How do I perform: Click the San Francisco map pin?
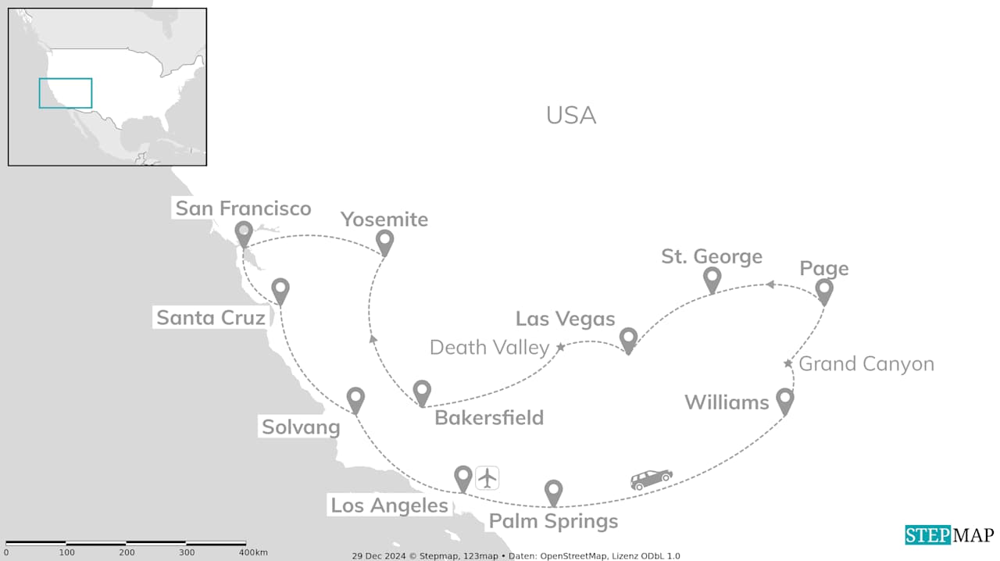tap(244, 233)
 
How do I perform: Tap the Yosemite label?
tap(384, 220)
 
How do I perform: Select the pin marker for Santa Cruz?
tap(280, 290)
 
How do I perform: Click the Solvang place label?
tap(301, 427)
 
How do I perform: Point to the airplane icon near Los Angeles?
tap(487, 477)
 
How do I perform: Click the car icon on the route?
tap(652, 479)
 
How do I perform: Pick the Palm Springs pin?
tap(553, 491)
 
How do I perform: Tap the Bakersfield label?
tap(489, 417)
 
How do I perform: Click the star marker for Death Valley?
tap(560, 346)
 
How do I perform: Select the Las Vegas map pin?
tap(628, 339)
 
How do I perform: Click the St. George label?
tap(712, 256)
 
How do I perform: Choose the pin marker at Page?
tap(824, 290)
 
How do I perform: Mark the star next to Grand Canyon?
tap(787, 363)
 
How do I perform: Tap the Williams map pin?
tap(784, 400)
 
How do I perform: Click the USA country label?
tap(571, 116)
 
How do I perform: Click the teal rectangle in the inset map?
tap(66, 93)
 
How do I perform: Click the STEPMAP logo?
tap(949, 535)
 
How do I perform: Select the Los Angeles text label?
tap(389, 506)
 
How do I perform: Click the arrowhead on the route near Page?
tap(770, 284)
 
